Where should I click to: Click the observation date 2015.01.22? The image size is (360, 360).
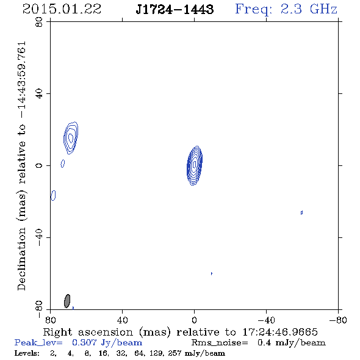pyautogui.click(x=62, y=9)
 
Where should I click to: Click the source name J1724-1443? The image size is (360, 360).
pyautogui.click(x=175, y=10)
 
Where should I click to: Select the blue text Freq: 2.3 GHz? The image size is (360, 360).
pyautogui.click(x=286, y=10)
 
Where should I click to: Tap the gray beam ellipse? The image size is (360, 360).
pyautogui.click(x=67, y=301)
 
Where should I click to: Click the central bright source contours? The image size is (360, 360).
pyautogui.click(x=195, y=165)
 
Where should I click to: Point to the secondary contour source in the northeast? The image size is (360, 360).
pyautogui.click(x=71, y=138)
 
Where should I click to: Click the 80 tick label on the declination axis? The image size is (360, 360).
pyautogui.click(x=39, y=22)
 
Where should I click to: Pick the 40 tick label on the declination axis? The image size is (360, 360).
pyautogui.click(x=39, y=94)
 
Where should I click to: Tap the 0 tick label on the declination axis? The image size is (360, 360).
pyautogui.click(x=39, y=165)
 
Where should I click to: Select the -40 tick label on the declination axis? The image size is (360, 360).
pyautogui.click(x=39, y=237)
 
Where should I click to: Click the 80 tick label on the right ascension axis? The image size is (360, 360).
pyautogui.click(x=51, y=320)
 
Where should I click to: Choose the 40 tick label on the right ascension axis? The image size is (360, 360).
pyautogui.click(x=123, y=320)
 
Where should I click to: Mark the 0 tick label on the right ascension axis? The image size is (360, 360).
pyautogui.click(x=194, y=320)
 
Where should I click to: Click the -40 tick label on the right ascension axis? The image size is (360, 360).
pyautogui.click(x=266, y=320)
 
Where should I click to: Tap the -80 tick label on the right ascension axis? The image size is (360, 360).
pyautogui.click(x=338, y=320)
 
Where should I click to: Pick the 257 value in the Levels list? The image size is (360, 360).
pyautogui.click(x=175, y=353)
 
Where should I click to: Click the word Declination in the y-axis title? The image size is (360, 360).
pyautogui.click(x=21, y=259)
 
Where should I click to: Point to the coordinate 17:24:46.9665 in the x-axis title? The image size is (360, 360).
pyautogui.click(x=280, y=332)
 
